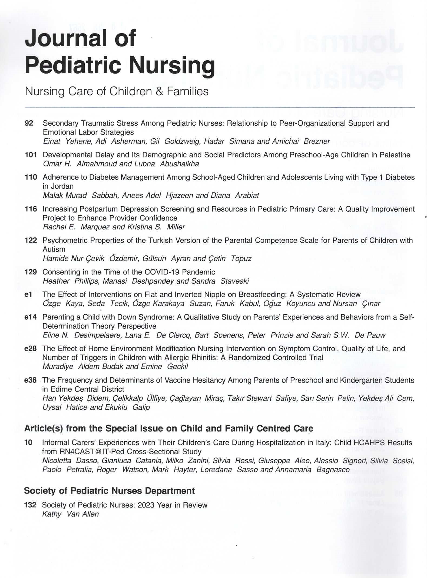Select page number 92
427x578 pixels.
tap(29, 123)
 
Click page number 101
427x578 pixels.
tap(31, 155)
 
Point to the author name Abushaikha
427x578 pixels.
tap(179, 164)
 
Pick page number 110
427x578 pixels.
tap(31, 178)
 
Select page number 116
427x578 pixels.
tap(31, 209)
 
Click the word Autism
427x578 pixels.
tap(54, 249)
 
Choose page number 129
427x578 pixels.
tap(31, 272)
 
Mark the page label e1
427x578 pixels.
tap(28, 294)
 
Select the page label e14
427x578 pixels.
tap(30, 317)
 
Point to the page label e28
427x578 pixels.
tap(30, 349)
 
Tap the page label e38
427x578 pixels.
tap(30, 380)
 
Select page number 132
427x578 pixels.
tap(30, 505)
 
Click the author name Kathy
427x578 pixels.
tap(52, 514)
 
